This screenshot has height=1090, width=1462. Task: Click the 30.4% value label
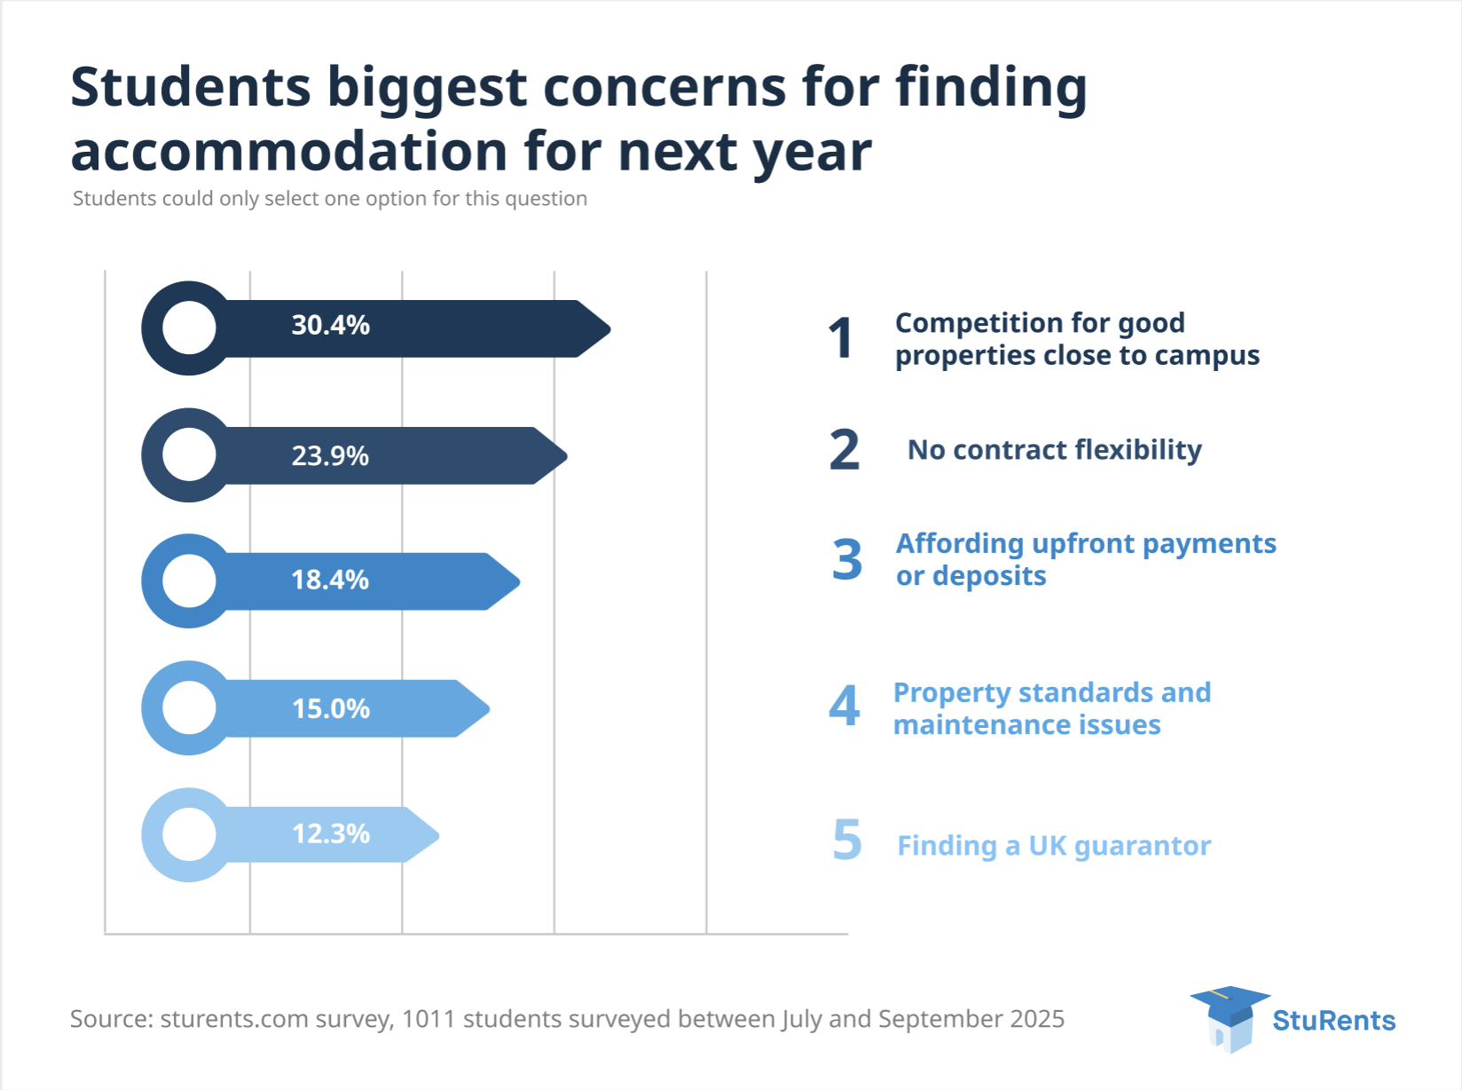[330, 326]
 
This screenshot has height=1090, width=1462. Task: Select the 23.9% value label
[330, 456]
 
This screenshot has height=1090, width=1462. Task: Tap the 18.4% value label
[330, 581]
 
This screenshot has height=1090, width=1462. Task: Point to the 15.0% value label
[331, 709]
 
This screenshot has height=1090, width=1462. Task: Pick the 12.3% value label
[331, 834]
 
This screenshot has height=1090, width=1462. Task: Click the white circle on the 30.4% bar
[189, 328]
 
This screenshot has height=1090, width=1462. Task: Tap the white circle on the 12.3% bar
[189, 834]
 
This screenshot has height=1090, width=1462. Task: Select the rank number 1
[841, 339]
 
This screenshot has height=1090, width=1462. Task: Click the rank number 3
[847, 560]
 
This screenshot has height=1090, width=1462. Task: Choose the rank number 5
[847, 841]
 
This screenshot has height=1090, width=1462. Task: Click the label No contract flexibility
[1054, 450]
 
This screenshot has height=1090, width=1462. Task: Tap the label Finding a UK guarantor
[1054, 846]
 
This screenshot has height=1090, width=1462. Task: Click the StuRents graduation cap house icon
[1230, 1018]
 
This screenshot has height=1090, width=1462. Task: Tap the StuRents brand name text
[1333, 1021]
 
